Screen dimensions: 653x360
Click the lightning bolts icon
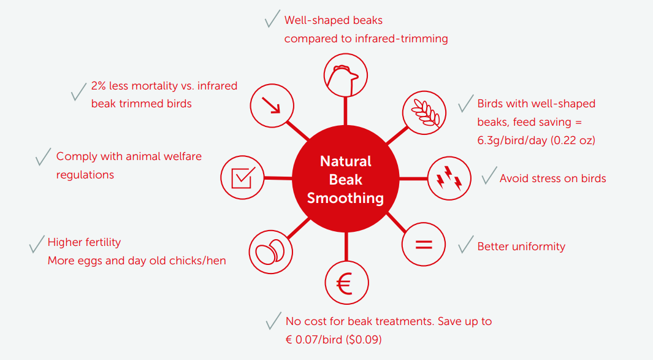(x=449, y=178)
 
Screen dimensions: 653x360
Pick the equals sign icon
(x=424, y=244)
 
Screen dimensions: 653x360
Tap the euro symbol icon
(x=346, y=283)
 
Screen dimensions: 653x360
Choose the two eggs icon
(x=270, y=251)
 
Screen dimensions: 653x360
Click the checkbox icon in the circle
(x=242, y=177)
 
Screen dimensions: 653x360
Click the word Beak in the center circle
(x=345, y=180)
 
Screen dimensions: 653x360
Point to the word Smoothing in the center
(x=345, y=198)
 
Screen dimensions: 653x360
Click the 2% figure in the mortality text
(x=98, y=86)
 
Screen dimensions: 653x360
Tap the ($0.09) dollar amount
(x=364, y=340)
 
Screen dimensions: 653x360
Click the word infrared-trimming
(x=402, y=39)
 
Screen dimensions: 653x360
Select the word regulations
(x=85, y=175)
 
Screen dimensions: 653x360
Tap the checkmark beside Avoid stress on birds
(x=489, y=175)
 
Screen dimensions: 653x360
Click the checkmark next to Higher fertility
(x=37, y=244)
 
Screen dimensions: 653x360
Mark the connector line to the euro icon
(x=346, y=247)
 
